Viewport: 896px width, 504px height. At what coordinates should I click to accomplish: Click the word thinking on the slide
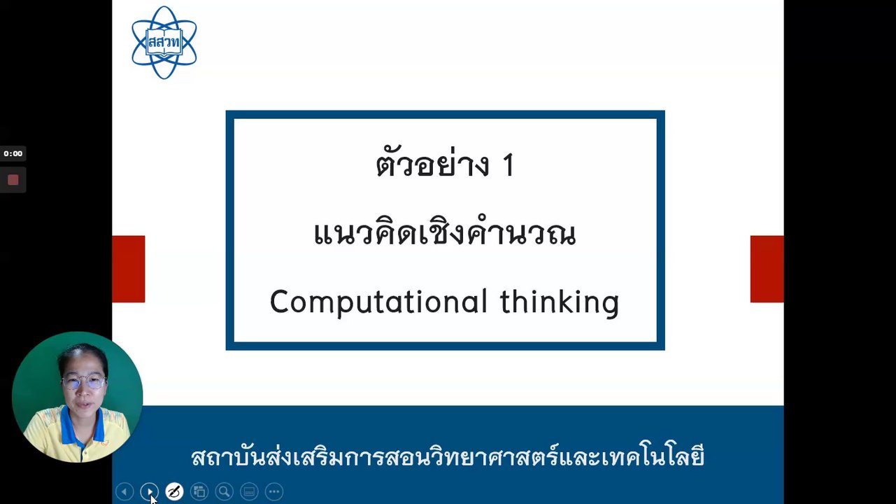(560, 302)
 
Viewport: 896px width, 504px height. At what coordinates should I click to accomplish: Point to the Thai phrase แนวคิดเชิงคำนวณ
(445, 232)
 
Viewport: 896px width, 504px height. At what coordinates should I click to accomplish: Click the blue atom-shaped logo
(164, 43)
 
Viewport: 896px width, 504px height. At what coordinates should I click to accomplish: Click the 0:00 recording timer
(13, 153)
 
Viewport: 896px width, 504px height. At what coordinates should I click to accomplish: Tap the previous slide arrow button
(125, 491)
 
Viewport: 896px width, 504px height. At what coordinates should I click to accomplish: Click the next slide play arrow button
(149, 491)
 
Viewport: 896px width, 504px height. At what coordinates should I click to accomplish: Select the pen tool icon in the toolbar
(174, 491)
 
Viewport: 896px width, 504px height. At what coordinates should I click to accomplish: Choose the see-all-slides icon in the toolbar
(199, 491)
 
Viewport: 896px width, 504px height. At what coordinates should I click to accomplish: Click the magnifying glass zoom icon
(224, 491)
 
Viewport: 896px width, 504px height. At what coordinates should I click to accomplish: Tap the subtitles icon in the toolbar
(249, 491)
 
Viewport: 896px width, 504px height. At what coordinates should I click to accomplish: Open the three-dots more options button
(274, 491)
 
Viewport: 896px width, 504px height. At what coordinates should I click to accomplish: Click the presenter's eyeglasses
(85, 383)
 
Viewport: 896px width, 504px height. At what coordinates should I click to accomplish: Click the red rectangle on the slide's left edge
(129, 269)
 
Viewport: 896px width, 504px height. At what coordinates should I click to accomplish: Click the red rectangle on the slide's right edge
(767, 269)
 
